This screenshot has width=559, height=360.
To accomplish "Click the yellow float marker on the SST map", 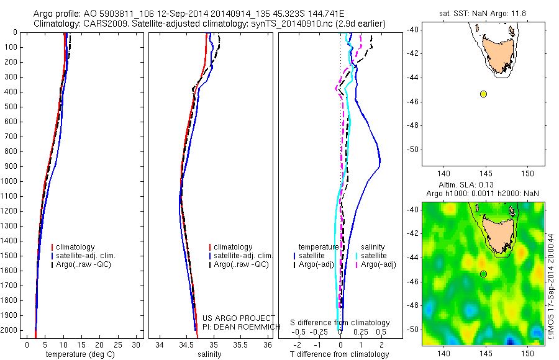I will pos(483,94).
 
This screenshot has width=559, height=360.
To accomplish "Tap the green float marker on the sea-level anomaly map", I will pos(483,274).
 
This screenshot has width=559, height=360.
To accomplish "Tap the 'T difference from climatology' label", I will pos(339,354).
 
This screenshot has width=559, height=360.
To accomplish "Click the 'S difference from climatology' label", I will pos(340,323).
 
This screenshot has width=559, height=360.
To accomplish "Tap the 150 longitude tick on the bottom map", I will pos(527,353).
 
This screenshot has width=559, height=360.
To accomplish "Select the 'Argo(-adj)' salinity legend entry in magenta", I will pos(378,264).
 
